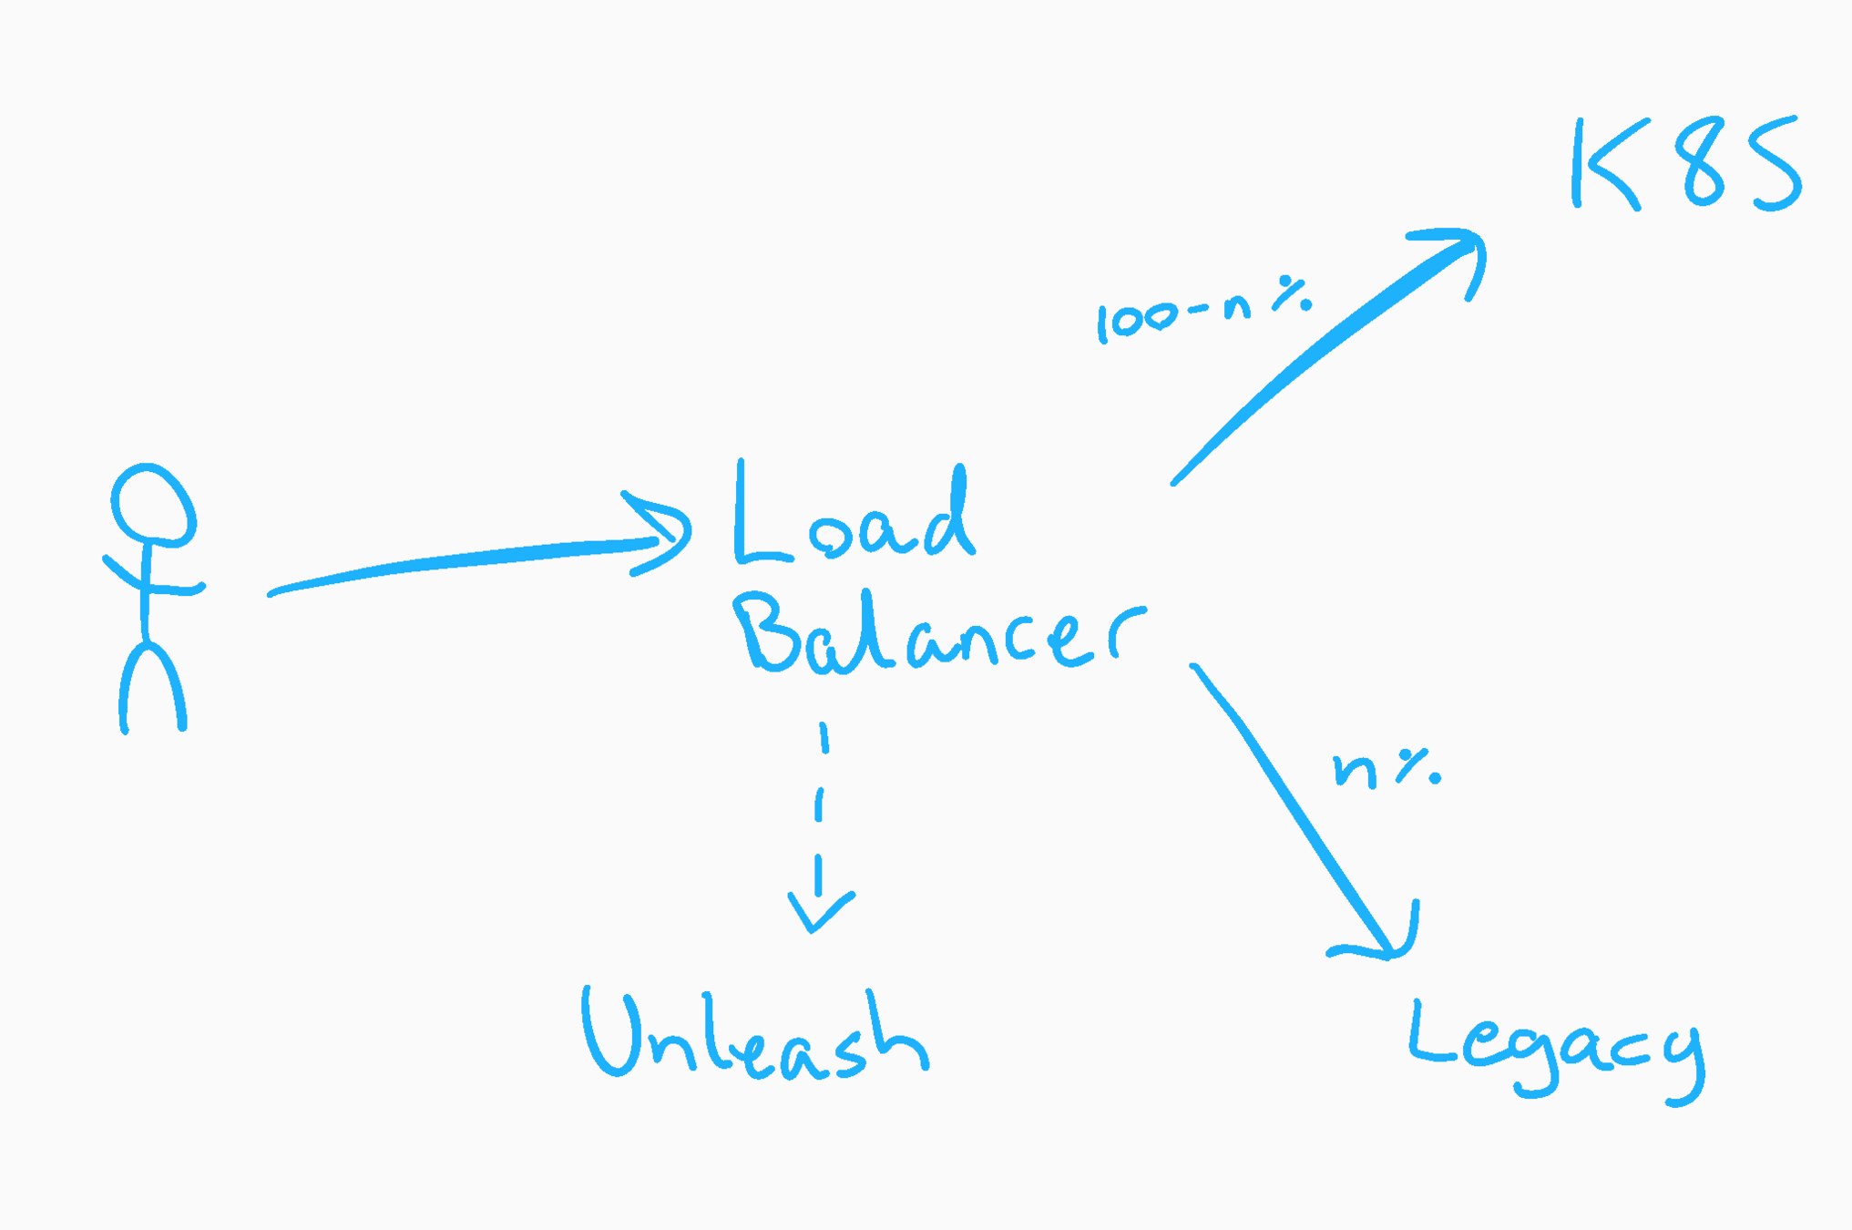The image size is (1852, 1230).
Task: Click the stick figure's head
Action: [152, 506]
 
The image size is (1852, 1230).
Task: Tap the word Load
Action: [854, 515]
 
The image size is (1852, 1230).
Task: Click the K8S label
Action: [1685, 164]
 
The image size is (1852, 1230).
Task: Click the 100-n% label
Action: [1202, 310]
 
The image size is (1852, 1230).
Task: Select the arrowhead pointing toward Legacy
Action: [1385, 943]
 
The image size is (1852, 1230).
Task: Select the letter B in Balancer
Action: [770, 633]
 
